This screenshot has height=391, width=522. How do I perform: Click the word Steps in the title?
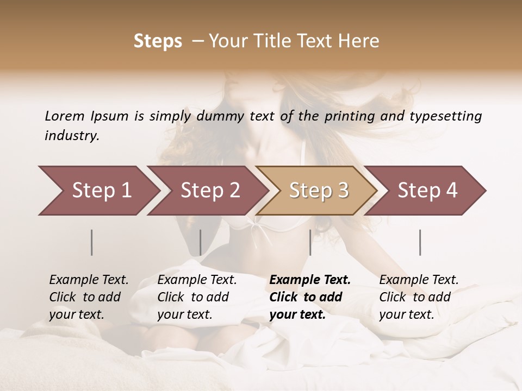(158, 41)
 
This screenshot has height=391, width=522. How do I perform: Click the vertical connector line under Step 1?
(92, 242)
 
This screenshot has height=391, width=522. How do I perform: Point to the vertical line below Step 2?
(201, 242)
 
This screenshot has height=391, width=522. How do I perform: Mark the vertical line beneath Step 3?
(310, 242)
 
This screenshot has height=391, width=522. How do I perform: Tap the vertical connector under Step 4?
(420, 242)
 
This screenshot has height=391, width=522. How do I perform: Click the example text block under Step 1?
(89, 297)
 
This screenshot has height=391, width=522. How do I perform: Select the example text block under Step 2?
(197, 297)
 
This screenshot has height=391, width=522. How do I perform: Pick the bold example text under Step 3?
(310, 297)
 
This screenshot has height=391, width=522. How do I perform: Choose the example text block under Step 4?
(419, 297)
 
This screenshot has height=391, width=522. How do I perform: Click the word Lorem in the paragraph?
(65, 116)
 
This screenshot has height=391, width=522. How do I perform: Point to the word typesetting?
(447, 116)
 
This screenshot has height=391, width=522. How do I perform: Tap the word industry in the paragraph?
(72, 136)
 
